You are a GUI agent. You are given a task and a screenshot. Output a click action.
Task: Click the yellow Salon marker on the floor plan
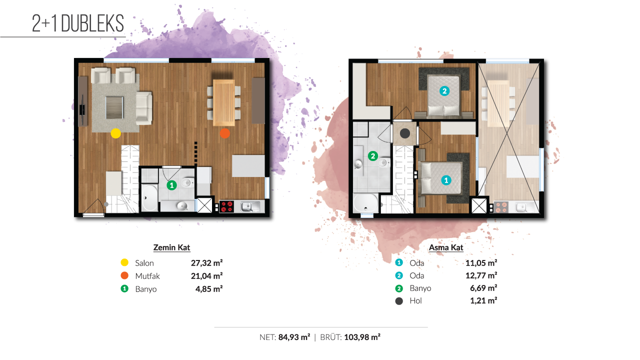[115, 133]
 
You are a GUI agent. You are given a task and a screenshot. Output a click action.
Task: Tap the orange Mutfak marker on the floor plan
[225, 133]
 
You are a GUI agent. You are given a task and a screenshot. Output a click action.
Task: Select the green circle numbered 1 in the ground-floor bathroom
[171, 185]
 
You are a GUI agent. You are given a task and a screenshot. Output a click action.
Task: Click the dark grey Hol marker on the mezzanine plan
[405, 133]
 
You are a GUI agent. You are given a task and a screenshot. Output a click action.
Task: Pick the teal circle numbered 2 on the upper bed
[444, 91]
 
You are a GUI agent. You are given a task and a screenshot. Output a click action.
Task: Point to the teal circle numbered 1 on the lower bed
[446, 180]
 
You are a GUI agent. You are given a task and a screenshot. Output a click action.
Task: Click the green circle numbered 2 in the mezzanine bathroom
[373, 156]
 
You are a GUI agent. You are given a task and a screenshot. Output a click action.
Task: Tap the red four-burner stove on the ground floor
[226, 206]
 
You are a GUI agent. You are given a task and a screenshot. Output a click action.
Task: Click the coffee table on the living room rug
[114, 107]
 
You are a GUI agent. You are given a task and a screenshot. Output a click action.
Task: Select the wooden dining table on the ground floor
[224, 102]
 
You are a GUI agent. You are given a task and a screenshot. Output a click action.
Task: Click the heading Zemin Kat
[171, 247]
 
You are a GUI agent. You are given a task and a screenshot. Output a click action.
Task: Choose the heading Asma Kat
[446, 247]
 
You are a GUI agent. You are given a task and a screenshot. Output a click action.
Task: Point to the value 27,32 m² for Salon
[207, 263]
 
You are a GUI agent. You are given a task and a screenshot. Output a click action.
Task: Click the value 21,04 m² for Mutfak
[207, 275]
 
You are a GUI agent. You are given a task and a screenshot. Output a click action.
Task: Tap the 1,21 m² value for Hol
[483, 300]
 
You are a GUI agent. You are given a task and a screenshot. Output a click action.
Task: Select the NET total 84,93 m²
[294, 337]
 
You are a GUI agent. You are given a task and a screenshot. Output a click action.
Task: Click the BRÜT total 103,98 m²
[362, 337]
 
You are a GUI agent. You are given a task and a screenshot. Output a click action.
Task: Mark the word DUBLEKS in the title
[92, 23]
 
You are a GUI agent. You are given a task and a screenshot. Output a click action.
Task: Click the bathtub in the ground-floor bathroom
[149, 197]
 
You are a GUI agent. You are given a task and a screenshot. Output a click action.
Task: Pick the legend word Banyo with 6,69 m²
[420, 288]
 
